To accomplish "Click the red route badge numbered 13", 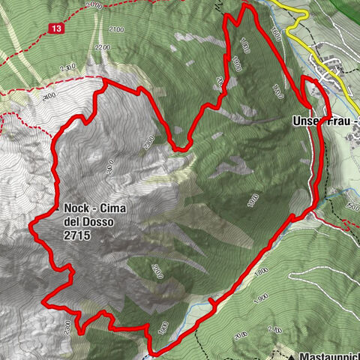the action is pyautogui.click(x=57, y=28).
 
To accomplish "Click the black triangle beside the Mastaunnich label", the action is pyautogui.click(x=289, y=350).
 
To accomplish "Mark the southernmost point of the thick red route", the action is pyautogui.click(x=154, y=351).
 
